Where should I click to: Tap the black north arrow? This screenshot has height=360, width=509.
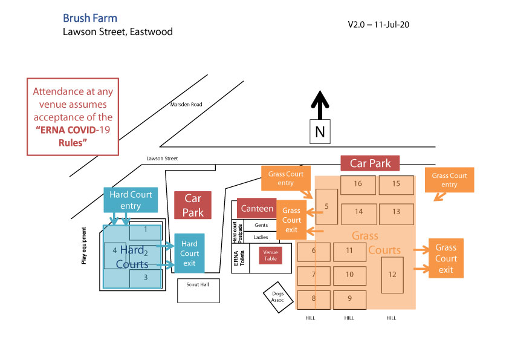(320, 105)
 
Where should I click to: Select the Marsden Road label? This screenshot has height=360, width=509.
(186, 105)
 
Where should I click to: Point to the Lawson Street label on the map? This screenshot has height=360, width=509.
(162, 159)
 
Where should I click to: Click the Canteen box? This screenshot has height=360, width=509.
(257, 208)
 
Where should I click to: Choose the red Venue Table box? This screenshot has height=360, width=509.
(270, 255)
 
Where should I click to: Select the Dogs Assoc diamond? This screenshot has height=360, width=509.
(278, 296)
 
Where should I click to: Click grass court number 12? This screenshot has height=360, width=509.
(392, 275)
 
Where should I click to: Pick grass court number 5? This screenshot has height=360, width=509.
(326, 206)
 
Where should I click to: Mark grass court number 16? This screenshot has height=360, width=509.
(358, 184)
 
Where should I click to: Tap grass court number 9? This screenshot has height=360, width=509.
(349, 298)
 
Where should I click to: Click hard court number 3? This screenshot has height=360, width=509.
(146, 278)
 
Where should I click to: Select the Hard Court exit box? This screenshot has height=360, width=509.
(189, 253)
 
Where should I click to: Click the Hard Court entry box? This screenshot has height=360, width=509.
(131, 200)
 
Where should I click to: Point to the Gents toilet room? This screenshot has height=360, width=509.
(261, 225)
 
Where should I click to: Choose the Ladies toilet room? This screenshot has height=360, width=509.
(261, 237)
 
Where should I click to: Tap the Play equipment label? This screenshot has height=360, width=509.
(84, 246)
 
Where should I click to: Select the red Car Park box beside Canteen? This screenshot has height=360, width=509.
(193, 205)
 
